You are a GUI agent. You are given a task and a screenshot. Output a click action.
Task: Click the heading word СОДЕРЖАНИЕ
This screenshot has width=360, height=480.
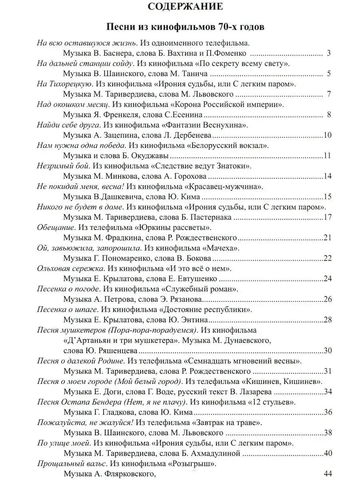[x=180, y=7]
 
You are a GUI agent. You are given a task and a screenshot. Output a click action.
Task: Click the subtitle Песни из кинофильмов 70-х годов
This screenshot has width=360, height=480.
[x=180, y=28]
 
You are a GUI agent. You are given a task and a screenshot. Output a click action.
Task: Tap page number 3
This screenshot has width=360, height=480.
[x=328, y=53]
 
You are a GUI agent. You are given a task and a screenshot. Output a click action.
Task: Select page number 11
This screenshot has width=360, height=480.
[x=328, y=156]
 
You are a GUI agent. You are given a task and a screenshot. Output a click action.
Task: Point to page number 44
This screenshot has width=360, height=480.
[x=328, y=474]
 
